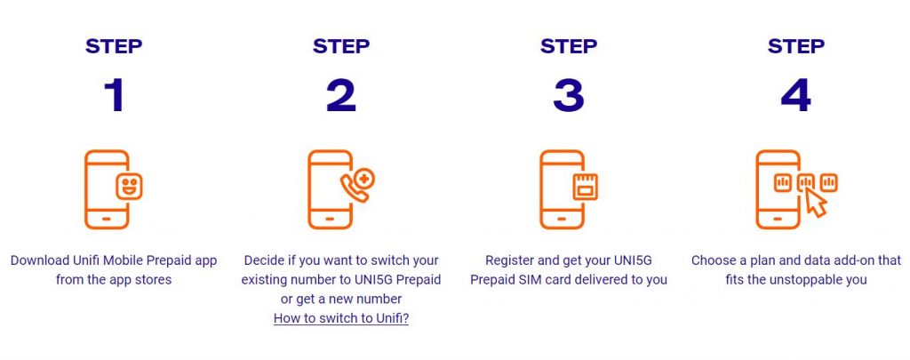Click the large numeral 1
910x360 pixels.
114,96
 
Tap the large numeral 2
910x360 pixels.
341,96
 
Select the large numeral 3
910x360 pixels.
569,96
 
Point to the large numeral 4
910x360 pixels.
795,96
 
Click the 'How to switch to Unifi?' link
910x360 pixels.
341,318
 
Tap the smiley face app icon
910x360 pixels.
129,187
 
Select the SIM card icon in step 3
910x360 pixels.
585,187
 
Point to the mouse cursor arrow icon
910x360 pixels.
817,204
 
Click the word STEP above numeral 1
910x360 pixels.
114,46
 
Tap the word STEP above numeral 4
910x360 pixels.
795,46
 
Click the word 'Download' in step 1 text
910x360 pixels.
40,260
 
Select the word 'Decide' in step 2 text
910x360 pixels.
262,260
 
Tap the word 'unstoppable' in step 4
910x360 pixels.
811,280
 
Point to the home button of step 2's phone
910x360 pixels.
330,220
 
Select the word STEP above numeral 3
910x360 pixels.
569,46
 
